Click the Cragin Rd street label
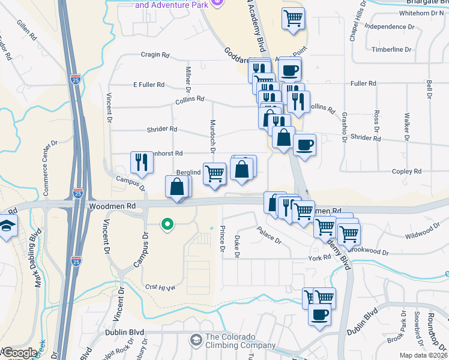pos(155,55)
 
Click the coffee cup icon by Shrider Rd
pos(304,145)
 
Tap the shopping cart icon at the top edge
pos(293,18)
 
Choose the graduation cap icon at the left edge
pos(7,226)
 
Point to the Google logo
pos(19,353)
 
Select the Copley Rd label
pos(408,172)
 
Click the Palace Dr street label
pos(269,235)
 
